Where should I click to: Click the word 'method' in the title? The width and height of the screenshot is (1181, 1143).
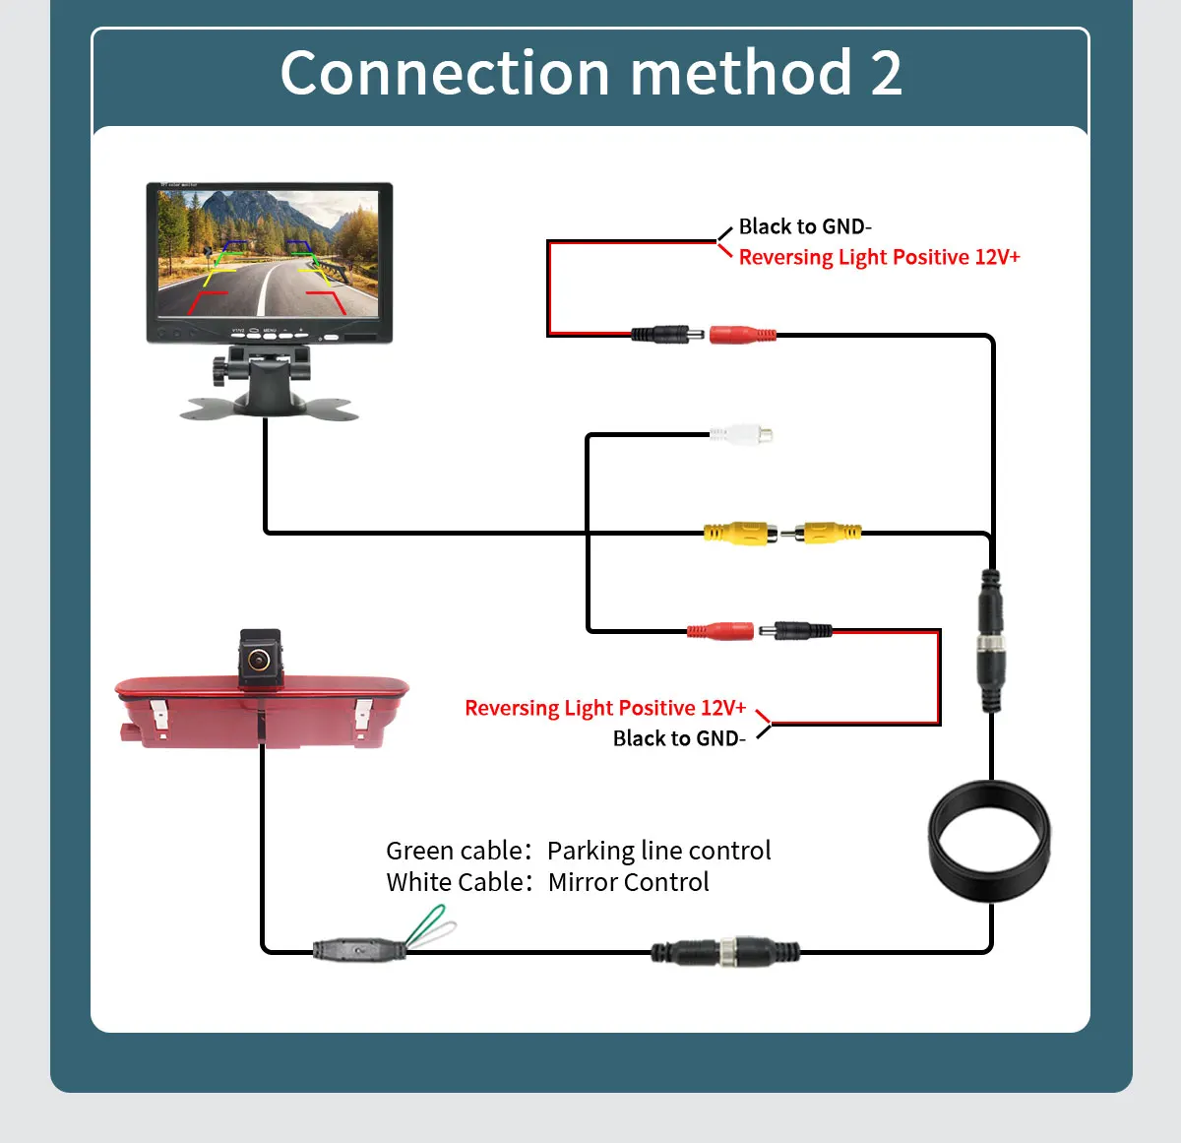tap(740, 73)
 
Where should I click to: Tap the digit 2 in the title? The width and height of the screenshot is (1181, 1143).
tap(886, 73)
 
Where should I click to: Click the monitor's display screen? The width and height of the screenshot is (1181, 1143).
tap(268, 253)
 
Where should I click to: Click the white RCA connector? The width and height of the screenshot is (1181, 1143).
tap(741, 433)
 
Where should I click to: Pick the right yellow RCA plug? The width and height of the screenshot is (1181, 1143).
tap(827, 533)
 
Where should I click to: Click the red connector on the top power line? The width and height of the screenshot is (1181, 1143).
tap(742, 335)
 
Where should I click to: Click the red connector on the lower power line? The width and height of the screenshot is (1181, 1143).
tap(720, 630)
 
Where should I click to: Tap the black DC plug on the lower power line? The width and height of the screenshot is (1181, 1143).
tap(802, 630)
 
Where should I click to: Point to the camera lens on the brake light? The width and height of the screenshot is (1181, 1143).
tap(260, 658)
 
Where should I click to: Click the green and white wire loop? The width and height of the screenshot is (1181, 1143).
tap(430, 928)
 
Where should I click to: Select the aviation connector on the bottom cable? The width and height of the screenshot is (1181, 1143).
tap(726, 952)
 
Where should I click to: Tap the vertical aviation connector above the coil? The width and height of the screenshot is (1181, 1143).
tap(991, 639)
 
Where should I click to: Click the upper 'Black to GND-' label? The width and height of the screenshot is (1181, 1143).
tap(804, 226)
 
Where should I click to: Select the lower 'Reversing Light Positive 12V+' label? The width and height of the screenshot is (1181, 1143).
tap(605, 708)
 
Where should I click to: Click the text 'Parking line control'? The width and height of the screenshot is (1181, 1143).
tap(658, 851)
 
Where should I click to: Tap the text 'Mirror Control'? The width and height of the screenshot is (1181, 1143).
tap(628, 882)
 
